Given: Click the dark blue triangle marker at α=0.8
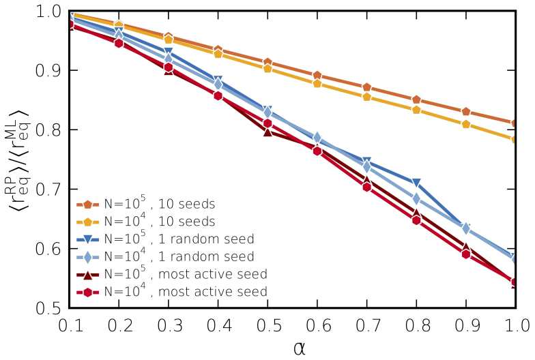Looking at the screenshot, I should click(x=416, y=183).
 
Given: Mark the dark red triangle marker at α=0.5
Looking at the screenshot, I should click(x=268, y=132).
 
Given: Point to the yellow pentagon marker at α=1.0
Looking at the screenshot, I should click(x=515, y=139).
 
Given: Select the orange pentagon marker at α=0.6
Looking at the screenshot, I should click(x=317, y=76).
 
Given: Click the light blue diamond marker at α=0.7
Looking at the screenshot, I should click(x=366, y=166).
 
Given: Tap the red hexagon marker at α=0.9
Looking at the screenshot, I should click(x=466, y=254).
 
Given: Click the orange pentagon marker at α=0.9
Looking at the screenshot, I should click(x=466, y=112).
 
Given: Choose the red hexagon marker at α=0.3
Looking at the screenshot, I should click(x=169, y=67).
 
